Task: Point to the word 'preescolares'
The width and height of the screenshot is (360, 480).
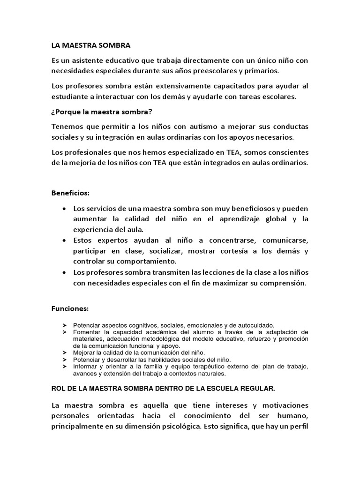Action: tap(223, 71)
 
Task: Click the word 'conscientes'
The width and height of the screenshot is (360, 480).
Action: tap(285, 153)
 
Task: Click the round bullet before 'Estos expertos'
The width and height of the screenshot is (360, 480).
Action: tap(63, 240)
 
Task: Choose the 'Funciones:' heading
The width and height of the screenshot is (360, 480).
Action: tap(69, 309)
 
